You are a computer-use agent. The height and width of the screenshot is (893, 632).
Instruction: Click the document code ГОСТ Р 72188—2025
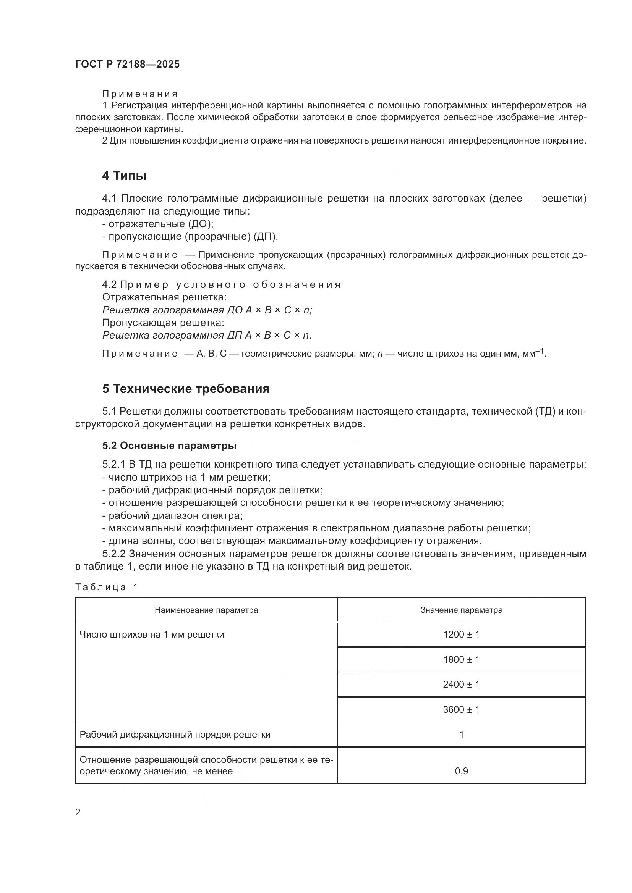point(127,64)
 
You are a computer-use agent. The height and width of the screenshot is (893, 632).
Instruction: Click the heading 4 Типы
point(124,176)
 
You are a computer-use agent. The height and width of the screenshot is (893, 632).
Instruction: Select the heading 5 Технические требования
point(186,389)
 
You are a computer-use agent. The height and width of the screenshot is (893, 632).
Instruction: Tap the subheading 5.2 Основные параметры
point(169,446)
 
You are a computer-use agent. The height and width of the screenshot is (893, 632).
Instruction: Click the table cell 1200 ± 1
point(461,635)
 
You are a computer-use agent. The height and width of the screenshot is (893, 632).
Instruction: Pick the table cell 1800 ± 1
point(461,659)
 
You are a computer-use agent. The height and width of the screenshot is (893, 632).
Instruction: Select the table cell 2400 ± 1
point(461,684)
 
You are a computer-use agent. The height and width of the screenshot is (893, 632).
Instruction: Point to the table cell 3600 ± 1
point(461,709)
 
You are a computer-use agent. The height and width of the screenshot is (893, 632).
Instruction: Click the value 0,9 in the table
point(461,771)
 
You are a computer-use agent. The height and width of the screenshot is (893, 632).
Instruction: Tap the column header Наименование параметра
point(206,610)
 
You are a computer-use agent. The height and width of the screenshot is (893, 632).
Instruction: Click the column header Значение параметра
point(461,610)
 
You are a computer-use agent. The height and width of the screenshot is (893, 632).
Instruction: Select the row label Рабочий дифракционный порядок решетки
point(175,734)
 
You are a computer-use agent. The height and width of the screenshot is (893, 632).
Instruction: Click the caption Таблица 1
point(106,587)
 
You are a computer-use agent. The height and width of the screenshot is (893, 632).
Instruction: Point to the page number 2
point(78,812)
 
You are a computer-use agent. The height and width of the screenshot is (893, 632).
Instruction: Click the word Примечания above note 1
point(140,94)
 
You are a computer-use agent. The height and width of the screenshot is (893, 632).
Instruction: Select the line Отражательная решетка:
point(164,297)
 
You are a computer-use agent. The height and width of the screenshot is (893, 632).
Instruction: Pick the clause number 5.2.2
point(113,554)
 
